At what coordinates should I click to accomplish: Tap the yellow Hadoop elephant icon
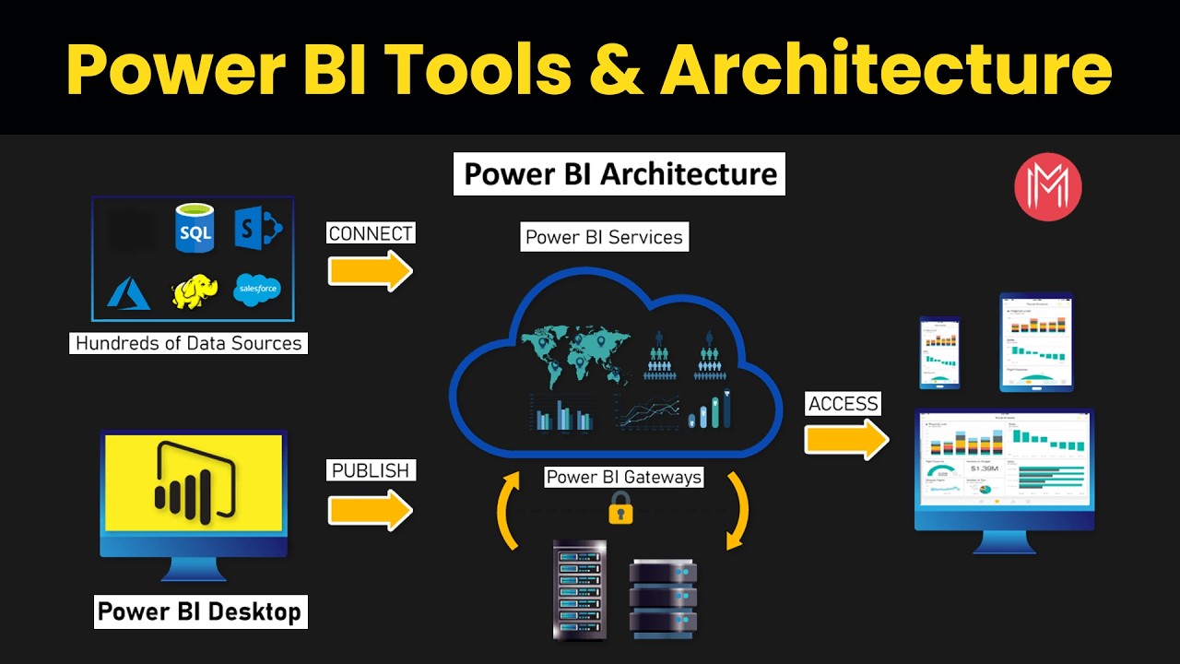pyautogui.click(x=195, y=291)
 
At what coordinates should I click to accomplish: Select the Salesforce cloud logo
pyautogui.click(x=257, y=290)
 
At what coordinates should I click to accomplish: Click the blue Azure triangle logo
pyautogui.click(x=129, y=292)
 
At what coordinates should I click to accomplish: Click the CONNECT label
pyautogui.click(x=372, y=233)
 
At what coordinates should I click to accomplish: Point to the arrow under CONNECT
pyautogui.click(x=371, y=270)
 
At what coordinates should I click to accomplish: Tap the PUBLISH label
pyautogui.click(x=371, y=470)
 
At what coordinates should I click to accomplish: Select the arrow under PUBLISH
pyautogui.click(x=371, y=509)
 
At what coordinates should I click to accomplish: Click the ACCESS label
pyautogui.click(x=843, y=404)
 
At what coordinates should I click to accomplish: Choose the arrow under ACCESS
pyautogui.click(x=846, y=439)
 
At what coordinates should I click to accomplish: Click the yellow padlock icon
pyautogui.click(x=620, y=508)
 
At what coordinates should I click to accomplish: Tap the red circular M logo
pyautogui.click(x=1048, y=186)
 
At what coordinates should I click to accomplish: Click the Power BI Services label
pyautogui.click(x=605, y=237)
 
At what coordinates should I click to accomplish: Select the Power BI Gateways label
pyautogui.click(x=624, y=477)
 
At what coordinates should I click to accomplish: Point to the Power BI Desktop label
pyautogui.click(x=200, y=611)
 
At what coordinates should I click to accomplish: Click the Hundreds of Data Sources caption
pyautogui.click(x=189, y=343)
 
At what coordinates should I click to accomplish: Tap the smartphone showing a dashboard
pyautogui.click(x=939, y=352)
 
